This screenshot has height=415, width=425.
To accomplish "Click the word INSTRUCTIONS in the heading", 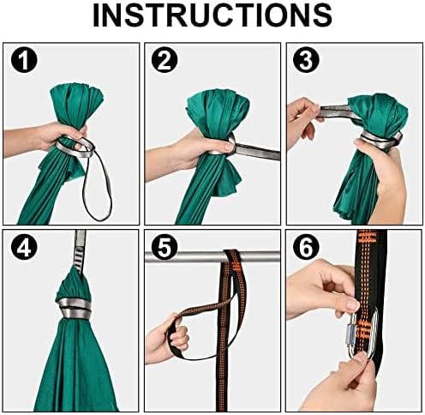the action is [x=212, y=15].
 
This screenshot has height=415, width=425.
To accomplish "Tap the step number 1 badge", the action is [x=24, y=61].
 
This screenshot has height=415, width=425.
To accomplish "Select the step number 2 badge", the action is [x=165, y=61].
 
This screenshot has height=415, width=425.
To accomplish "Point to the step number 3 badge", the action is [x=306, y=61].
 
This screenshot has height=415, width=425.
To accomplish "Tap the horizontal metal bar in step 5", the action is [x=213, y=256].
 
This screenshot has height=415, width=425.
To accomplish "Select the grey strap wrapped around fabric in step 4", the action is [x=74, y=309].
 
